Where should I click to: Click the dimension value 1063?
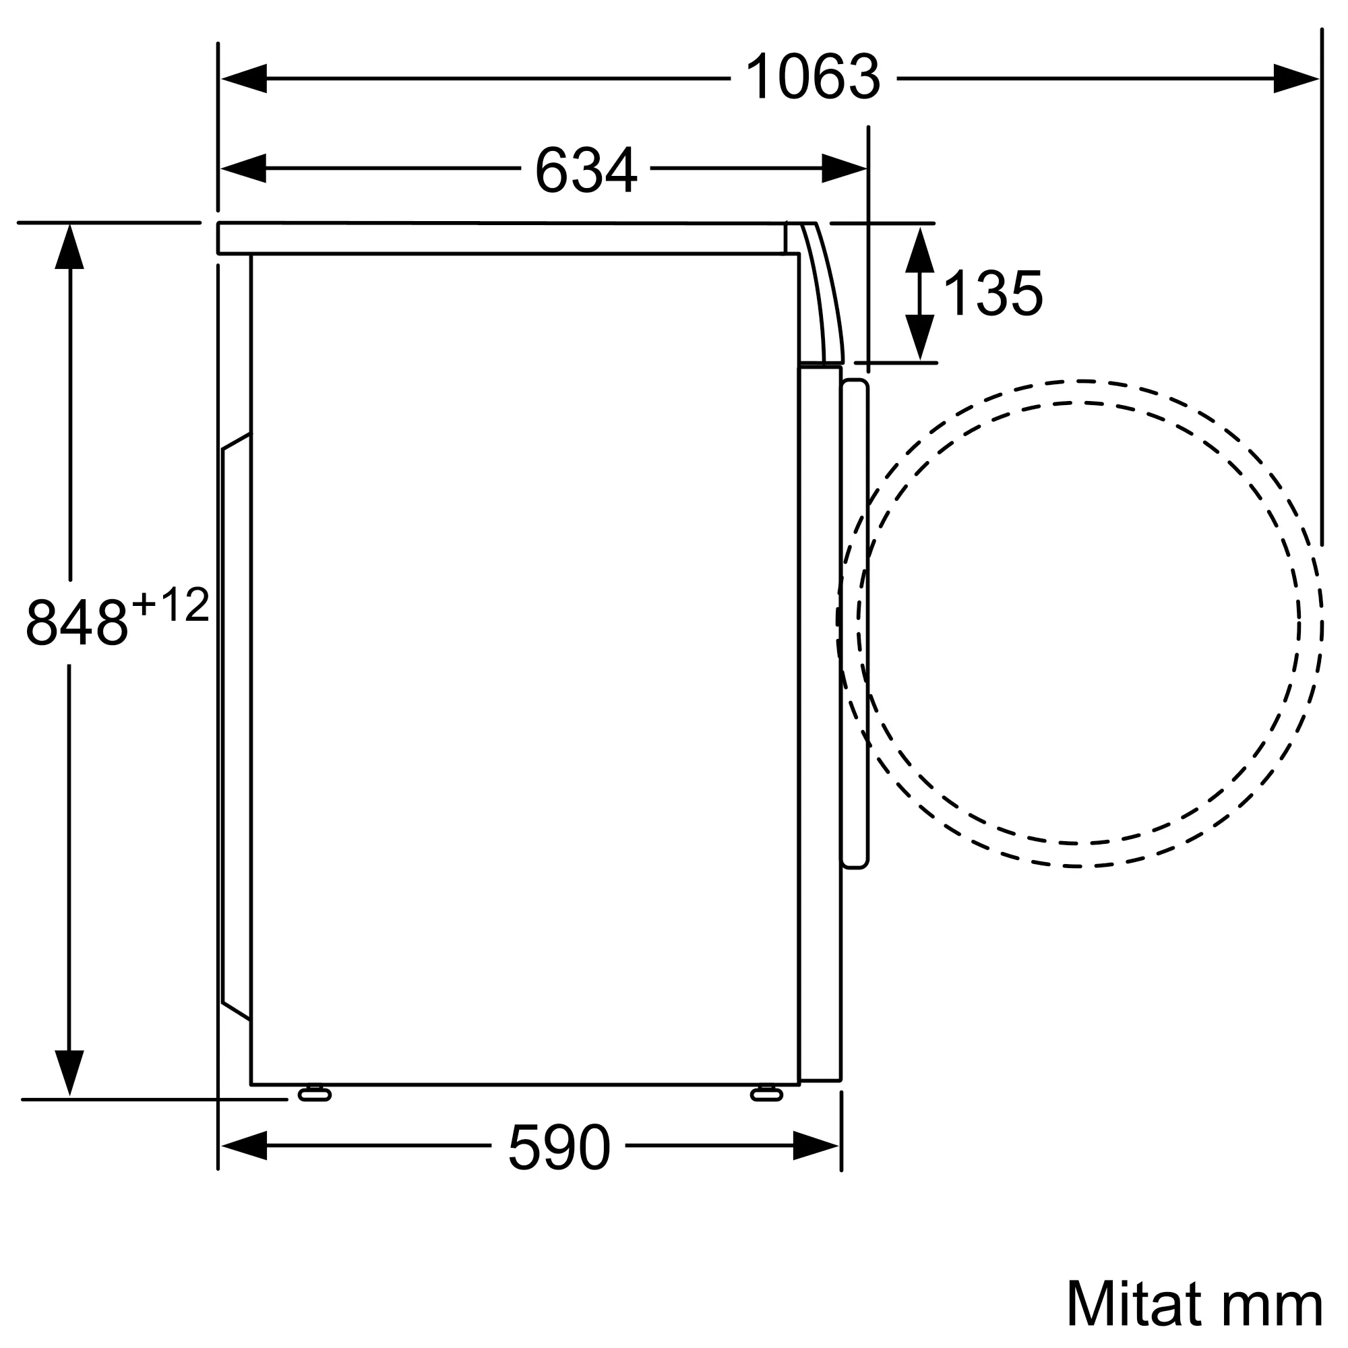click(x=813, y=78)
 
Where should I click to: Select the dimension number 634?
click(x=586, y=170)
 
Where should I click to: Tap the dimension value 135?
click(x=993, y=293)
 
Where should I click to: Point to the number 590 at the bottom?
click(x=559, y=1147)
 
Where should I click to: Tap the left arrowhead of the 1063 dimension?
click(x=243, y=78)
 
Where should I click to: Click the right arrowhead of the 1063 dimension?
click(x=1295, y=78)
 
